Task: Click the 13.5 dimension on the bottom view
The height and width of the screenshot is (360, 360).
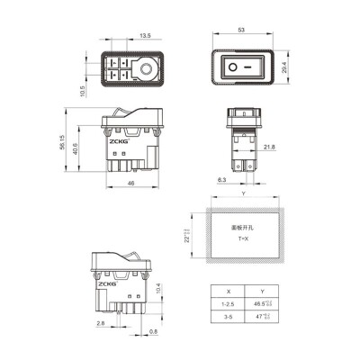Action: click(144, 37)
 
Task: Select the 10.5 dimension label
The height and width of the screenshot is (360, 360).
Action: click(82, 92)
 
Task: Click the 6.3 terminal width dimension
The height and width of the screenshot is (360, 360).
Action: click(220, 180)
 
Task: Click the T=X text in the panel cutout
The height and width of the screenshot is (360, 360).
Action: click(243, 242)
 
